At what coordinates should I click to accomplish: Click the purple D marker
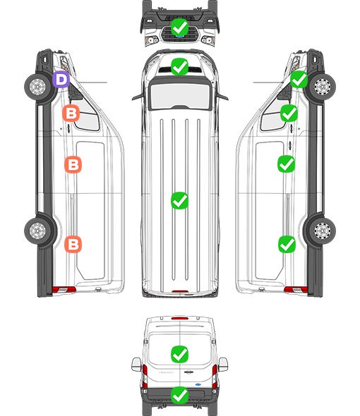(61, 80)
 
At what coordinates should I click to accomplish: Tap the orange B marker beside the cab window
(71, 114)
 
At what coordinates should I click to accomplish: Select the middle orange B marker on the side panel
(73, 164)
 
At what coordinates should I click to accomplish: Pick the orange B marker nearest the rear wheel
(73, 244)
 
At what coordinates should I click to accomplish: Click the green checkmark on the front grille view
(179, 27)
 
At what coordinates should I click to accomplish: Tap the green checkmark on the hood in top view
(179, 66)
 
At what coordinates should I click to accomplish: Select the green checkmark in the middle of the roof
(179, 200)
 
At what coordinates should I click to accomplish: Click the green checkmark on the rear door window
(179, 354)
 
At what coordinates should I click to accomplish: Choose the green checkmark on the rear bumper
(179, 396)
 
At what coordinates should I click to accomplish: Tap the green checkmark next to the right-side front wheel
(299, 80)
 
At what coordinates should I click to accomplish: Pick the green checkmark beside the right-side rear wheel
(287, 244)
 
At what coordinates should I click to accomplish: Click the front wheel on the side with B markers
(37, 87)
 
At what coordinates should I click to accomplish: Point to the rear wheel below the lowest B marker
(37, 231)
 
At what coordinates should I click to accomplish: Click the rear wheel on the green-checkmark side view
(322, 231)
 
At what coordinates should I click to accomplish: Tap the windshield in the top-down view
(180, 96)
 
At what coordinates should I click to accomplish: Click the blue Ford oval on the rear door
(198, 384)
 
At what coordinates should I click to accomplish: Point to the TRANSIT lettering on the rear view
(166, 372)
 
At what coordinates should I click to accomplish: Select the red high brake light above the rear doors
(180, 319)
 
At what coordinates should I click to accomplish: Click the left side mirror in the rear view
(136, 365)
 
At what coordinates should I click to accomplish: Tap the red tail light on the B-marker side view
(64, 290)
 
